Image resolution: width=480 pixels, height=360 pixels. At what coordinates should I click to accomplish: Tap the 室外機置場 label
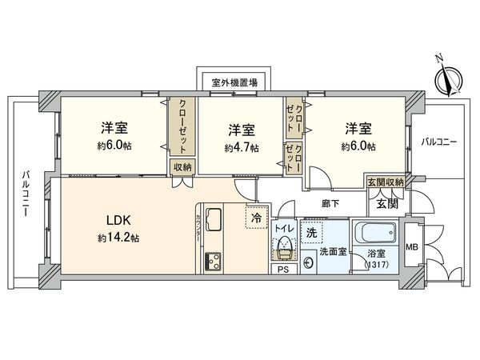click(x=234, y=82)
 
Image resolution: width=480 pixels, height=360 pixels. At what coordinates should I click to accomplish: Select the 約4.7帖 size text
click(x=241, y=148)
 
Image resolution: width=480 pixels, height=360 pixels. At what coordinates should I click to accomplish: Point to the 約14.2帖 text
click(x=118, y=238)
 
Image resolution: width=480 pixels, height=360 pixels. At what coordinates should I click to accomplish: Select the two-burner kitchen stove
click(x=214, y=260)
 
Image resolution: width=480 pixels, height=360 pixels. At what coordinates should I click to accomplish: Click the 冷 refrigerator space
click(x=256, y=216)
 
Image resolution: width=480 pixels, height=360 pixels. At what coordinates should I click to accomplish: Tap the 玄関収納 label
click(x=385, y=182)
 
